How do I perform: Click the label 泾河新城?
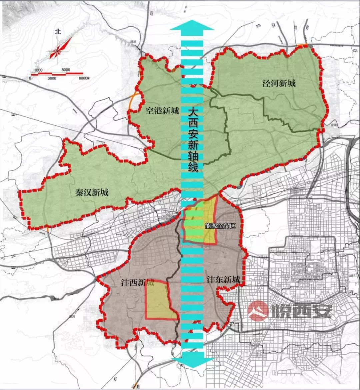279,83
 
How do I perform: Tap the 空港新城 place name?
162,111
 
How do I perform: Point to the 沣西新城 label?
137,283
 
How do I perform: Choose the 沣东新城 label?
223,280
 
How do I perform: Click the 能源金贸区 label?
220,226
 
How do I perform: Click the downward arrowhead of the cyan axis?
192,362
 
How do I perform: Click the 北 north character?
58,32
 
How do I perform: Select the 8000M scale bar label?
85,78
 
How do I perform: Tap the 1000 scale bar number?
38,70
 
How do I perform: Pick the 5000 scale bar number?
66,70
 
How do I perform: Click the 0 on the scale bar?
30,78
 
